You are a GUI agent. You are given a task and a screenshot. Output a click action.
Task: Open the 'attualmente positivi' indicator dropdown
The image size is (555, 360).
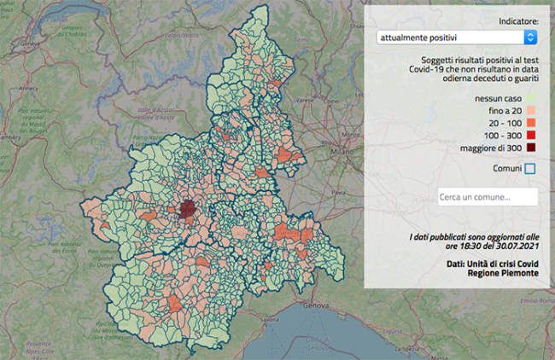(x=457, y=38)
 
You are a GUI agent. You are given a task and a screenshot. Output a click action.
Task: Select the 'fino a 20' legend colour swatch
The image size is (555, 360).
(x=530, y=111)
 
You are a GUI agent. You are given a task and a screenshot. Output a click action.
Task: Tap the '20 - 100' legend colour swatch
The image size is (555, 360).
(x=530, y=123)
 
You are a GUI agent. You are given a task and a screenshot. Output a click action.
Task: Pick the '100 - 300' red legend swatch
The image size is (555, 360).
(x=530, y=135)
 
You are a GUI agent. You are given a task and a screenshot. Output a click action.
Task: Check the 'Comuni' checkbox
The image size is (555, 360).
(x=530, y=168)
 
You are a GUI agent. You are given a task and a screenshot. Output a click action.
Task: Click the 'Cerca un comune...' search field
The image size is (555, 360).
(x=487, y=197)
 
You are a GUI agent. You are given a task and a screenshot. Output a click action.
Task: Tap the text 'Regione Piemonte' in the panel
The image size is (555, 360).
(x=505, y=272)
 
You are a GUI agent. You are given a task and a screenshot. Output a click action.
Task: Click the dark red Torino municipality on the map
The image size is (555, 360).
(x=188, y=210)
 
